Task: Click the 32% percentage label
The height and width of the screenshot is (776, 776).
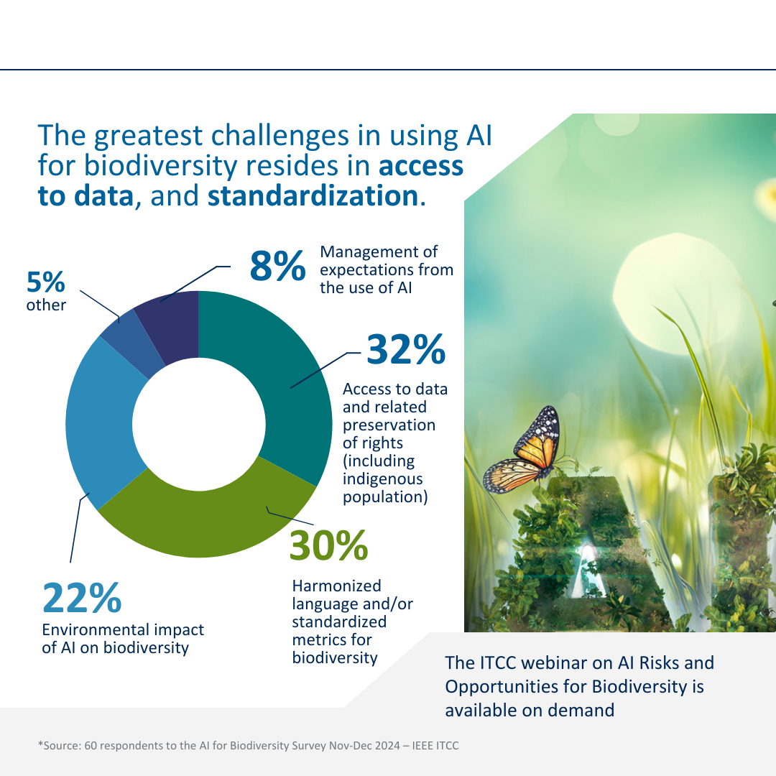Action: click(406, 350)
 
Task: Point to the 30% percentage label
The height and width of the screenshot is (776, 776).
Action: click(328, 546)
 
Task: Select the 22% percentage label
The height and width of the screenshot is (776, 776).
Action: click(81, 599)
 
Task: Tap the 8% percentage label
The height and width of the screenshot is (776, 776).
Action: click(277, 267)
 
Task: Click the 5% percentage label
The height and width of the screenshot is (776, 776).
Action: click(46, 283)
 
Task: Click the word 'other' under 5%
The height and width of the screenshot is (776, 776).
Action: click(46, 305)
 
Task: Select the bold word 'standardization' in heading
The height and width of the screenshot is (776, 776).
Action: click(313, 195)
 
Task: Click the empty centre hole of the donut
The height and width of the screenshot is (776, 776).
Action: click(198, 424)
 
